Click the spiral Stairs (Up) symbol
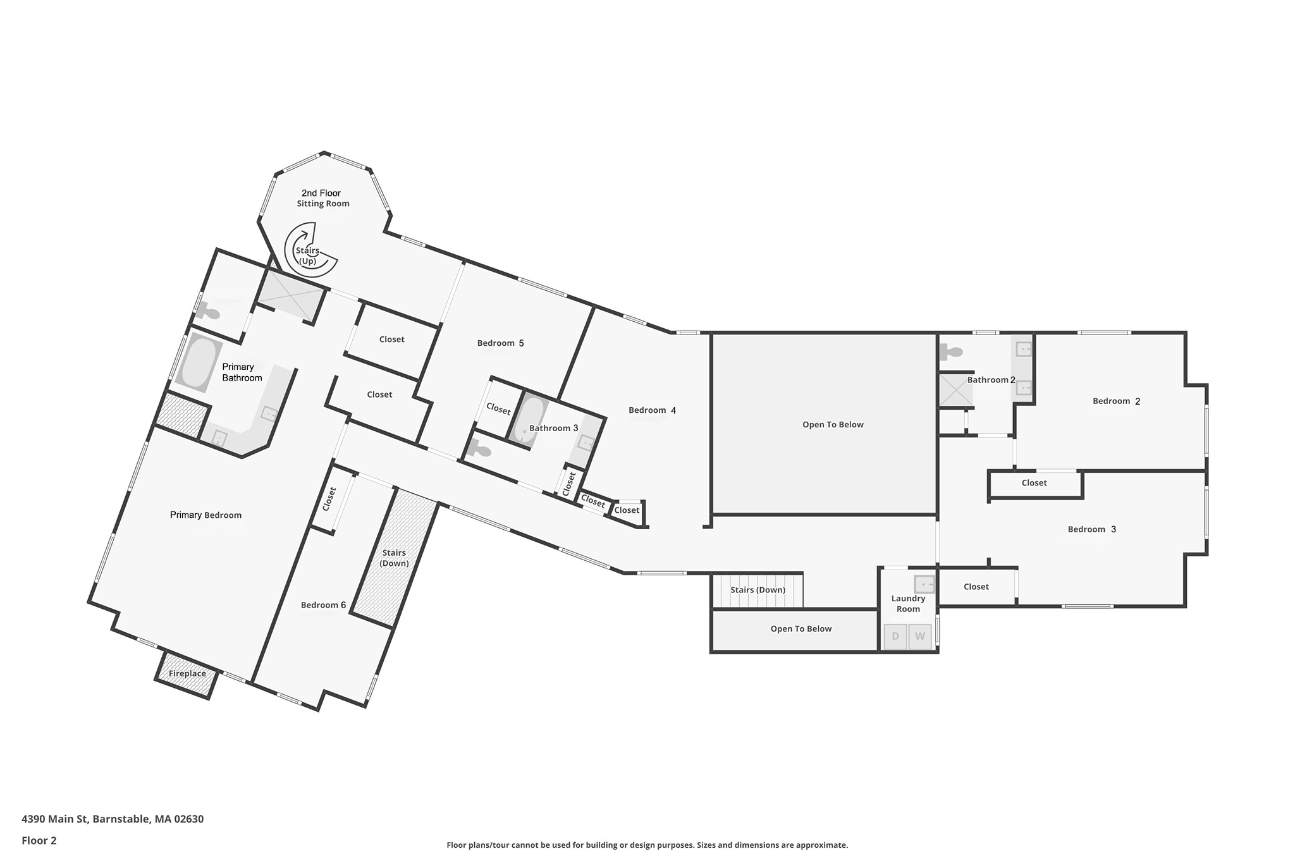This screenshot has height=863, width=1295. (309, 250)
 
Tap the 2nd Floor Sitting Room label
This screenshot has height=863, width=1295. (322, 198)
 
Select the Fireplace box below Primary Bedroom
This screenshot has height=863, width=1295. (187, 674)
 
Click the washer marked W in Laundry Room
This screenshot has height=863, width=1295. (920, 636)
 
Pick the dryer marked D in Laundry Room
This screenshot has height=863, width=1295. (895, 636)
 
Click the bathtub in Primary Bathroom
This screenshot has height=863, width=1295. (199, 363)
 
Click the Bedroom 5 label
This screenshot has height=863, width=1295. (500, 343)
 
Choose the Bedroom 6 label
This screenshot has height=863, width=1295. (323, 605)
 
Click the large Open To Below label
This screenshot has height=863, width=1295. (833, 425)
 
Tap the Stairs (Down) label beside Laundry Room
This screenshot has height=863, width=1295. (758, 590)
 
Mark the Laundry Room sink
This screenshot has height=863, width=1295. (924, 584)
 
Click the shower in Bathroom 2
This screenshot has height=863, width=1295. (955, 390)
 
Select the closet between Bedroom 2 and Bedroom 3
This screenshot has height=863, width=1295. (1034, 483)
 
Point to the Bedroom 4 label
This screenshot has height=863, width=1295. (652, 411)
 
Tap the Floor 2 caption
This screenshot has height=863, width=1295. (39, 841)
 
